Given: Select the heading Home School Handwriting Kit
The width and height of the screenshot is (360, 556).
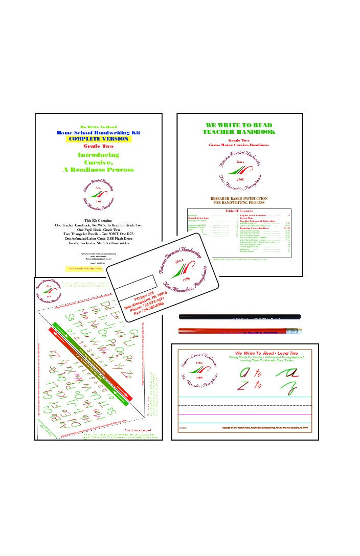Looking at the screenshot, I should (98, 132).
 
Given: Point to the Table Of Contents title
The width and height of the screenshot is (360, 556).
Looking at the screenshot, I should (239, 211).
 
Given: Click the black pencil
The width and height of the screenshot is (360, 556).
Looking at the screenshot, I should (239, 317).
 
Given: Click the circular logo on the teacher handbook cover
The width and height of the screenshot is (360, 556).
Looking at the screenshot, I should (239, 171).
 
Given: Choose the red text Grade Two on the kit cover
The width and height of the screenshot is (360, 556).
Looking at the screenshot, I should (98, 146).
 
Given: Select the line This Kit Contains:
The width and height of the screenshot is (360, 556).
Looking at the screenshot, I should (98, 220).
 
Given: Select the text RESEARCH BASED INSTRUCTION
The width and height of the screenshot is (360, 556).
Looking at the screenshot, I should (239, 198).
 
